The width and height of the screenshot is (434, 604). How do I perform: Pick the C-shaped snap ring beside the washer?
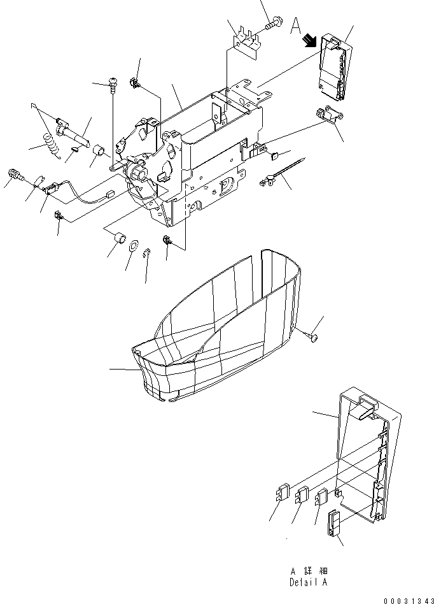coord(147,253)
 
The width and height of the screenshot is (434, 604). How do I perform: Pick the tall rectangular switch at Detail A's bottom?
coord(334,522)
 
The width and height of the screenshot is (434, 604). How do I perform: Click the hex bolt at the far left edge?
coord(15,174)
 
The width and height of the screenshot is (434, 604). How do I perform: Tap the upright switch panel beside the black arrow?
coord(334,67)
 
